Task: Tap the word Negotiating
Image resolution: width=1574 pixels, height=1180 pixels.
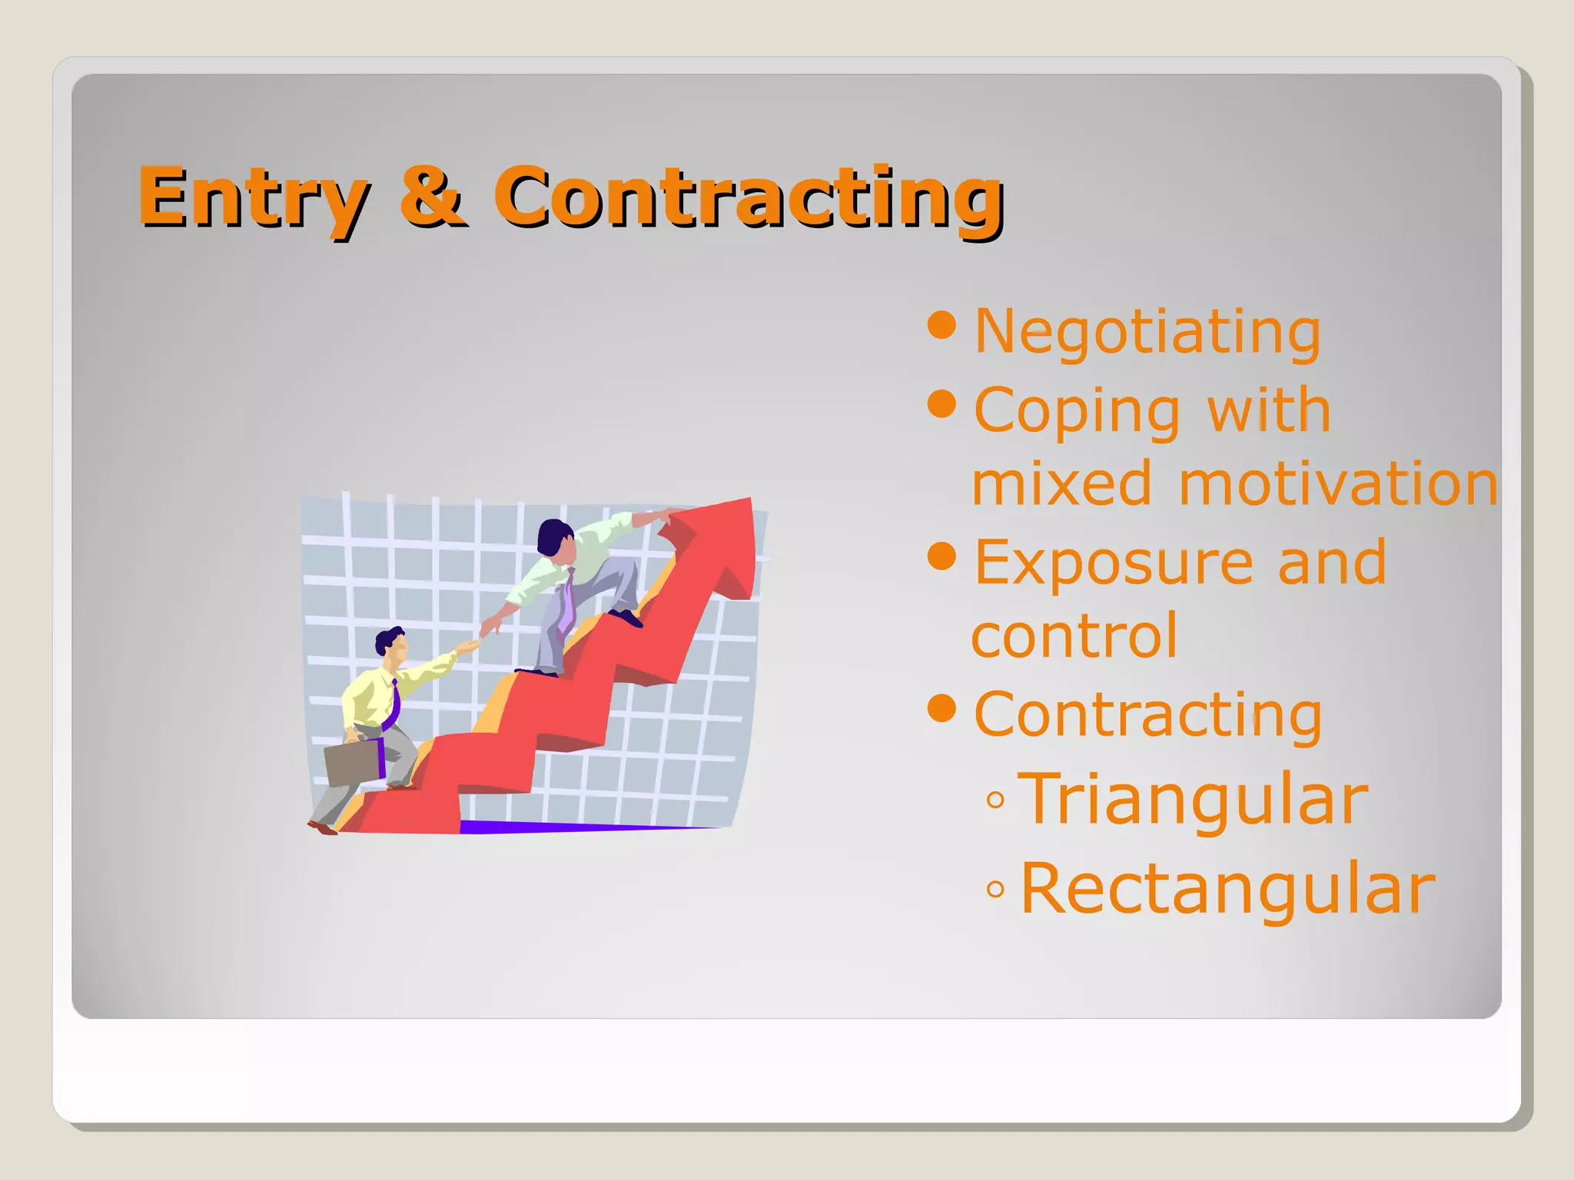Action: click(x=1147, y=332)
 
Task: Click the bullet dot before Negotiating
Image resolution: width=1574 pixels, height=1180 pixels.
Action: click(x=941, y=325)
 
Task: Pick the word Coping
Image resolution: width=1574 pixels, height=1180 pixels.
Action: click(x=1076, y=411)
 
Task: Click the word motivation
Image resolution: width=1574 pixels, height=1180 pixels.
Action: click(x=1338, y=484)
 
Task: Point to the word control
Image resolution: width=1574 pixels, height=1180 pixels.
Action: click(x=1074, y=636)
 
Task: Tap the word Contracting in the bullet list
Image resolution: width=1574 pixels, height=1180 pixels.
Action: click(x=1147, y=714)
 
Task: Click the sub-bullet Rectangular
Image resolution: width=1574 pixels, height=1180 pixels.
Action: click(x=1227, y=889)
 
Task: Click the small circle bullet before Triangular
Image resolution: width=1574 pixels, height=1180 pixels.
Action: click(x=995, y=800)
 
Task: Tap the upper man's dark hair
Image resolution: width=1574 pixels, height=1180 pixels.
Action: click(x=553, y=533)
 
